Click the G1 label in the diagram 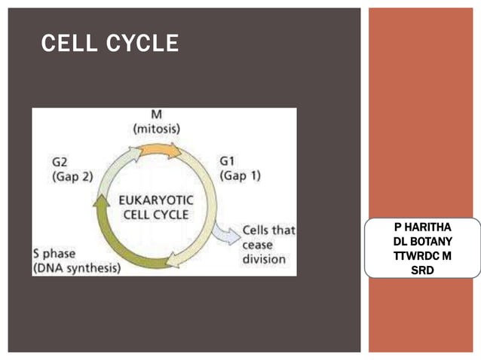click(227, 162)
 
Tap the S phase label click(58, 254)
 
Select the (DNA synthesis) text click(77, 267)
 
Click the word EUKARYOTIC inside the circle click(157, 200)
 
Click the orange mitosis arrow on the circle click(161, 149)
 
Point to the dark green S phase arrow click(128, 249)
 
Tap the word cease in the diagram click(258, 245)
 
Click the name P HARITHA click(422, 227)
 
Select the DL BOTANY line click(422, 242)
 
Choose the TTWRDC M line click(422, 255)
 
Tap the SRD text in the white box click(422, 269)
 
